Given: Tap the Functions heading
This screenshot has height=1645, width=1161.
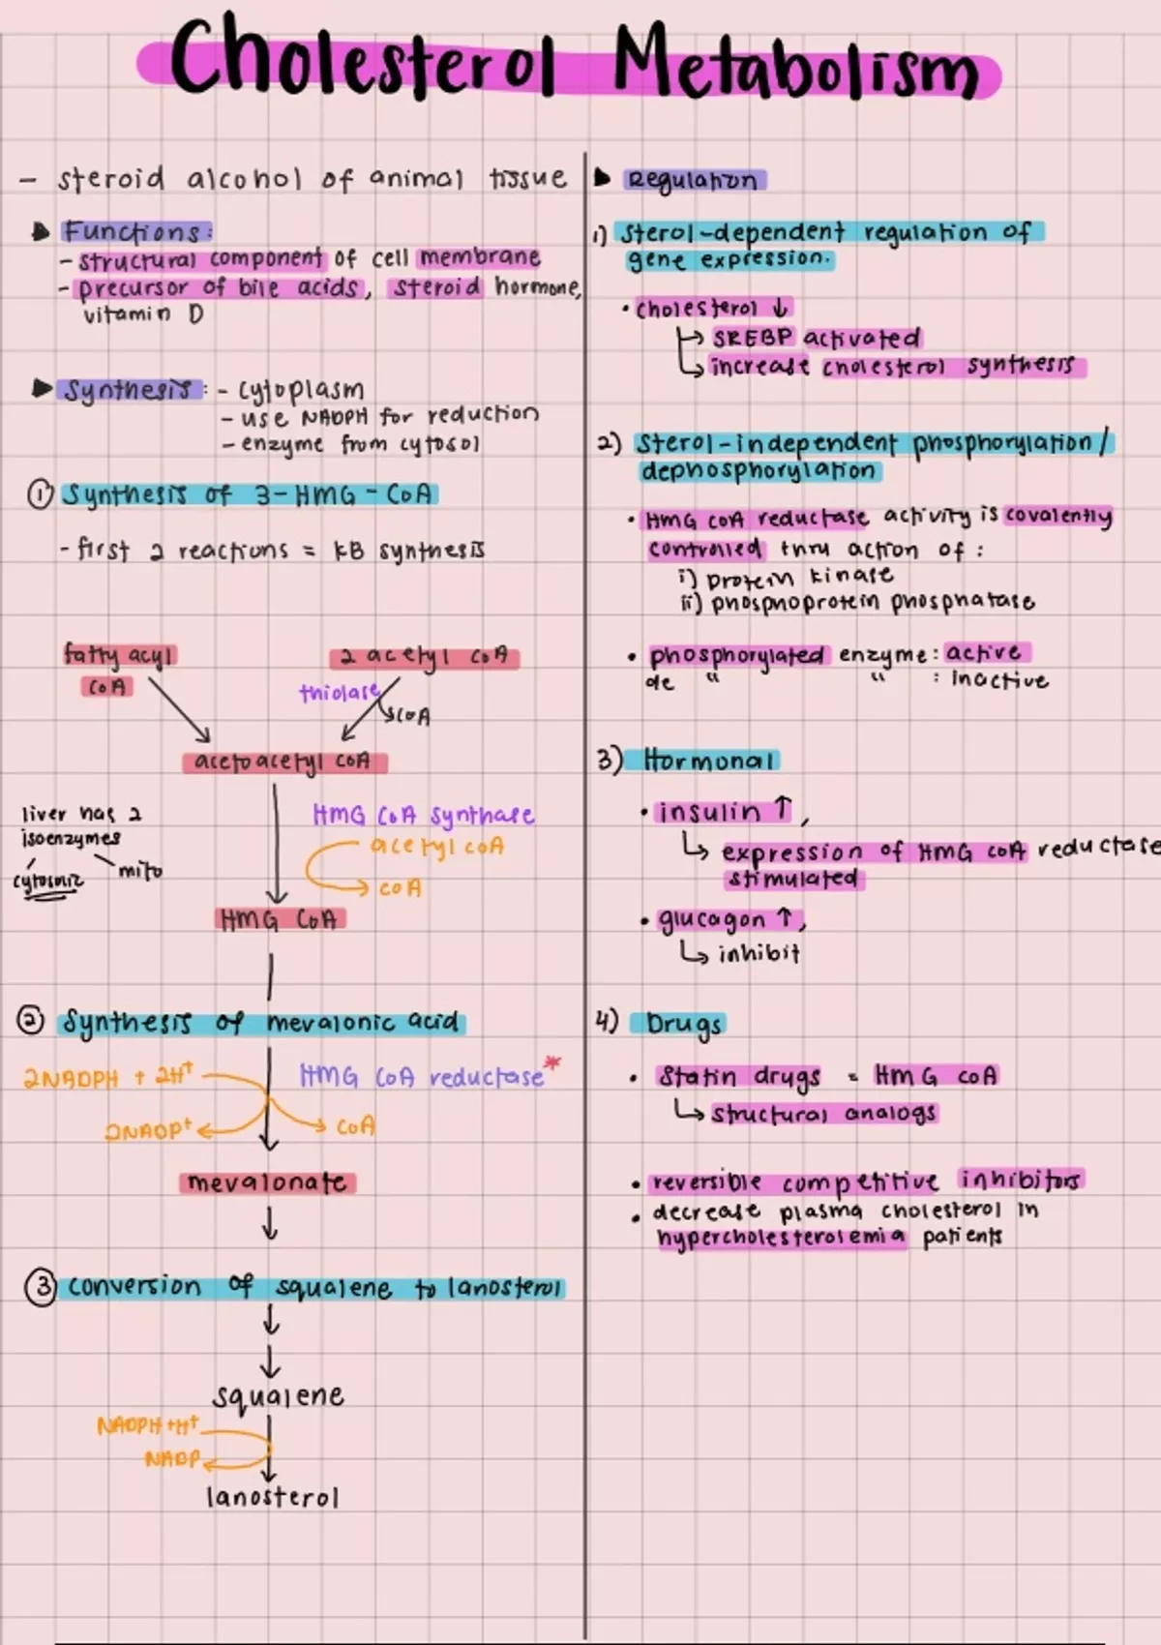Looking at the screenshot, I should [x=134, y=232].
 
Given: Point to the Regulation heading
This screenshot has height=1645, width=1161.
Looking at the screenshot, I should [x=692, y=180].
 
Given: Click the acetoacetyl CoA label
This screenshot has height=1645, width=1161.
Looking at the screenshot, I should [x=283, y=763].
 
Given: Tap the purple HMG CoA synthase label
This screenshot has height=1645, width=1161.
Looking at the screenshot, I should [x=423, y=816].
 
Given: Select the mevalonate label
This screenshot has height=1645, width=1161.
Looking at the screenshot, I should [x=267, y=1183].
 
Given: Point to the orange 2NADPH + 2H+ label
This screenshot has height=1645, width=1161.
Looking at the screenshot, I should [x=108, y=1076].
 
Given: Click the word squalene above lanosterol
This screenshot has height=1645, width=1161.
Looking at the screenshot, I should [x=279, y=1396].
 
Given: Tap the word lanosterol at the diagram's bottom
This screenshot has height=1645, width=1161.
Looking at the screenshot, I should [x=272, y=1498].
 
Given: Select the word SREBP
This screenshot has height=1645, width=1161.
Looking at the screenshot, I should [x=753, y=338].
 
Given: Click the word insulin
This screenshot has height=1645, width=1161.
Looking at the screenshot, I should [x=709, y=812].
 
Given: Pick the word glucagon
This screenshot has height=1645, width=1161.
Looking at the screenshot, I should [x=712, y=919].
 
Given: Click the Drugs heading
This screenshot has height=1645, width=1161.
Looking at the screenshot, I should [x=685, y=1024].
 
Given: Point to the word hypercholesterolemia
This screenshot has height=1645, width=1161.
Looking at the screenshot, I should [x=781, y=1238].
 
